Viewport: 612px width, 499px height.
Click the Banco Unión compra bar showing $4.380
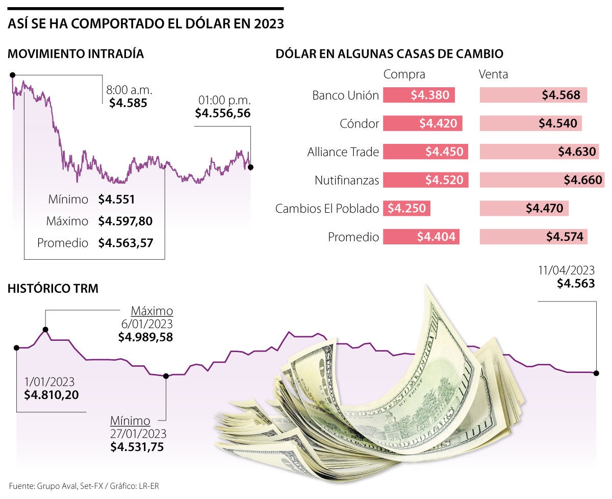coord(418,95)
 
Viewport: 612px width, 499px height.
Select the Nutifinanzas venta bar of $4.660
coord(541,180)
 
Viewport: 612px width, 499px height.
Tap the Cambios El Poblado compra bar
coord(407,208)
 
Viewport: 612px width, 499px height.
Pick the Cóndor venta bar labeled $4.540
coord(531,123)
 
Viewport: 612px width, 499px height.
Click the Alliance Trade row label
coord(343,152)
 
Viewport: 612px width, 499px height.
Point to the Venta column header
coord(493,74)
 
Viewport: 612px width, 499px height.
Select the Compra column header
coord(404,74)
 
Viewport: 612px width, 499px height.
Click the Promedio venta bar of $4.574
coord(534,237)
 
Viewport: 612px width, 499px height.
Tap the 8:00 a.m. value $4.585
coord(128,103)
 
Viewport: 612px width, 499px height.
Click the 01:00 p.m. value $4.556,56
coord(223,113)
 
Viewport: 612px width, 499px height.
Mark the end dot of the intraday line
coord(250,167)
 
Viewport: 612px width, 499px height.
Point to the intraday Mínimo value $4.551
coord(117,199)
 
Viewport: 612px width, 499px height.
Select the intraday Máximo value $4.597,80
coord(125,221)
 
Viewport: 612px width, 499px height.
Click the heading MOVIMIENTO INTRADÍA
coord(75,54)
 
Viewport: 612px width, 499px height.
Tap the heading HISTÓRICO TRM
coord(53,288)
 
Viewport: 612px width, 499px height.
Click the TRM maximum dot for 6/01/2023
coord(45,330)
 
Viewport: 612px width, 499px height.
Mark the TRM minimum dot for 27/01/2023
coord(165,376)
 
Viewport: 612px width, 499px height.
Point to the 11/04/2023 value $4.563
coord(576,284)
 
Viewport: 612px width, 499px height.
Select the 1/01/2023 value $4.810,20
coord(52,394)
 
